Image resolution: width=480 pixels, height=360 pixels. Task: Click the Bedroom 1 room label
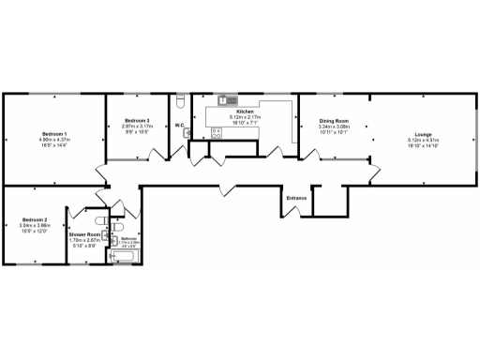[x=58, y=134]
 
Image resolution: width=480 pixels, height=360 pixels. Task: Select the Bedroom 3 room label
[x=137, y=122]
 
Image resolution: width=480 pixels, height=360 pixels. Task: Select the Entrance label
[x=296, y=199]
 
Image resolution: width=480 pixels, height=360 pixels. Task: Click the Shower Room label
[x=84, y=234]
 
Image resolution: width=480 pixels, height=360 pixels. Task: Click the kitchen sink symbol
[x=226, y=99]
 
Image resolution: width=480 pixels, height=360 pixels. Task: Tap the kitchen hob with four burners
[x=216, y=133]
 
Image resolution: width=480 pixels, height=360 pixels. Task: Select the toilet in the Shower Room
[x=117, y=228]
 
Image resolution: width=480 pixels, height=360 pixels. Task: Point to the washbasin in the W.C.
[x=186, y=131]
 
